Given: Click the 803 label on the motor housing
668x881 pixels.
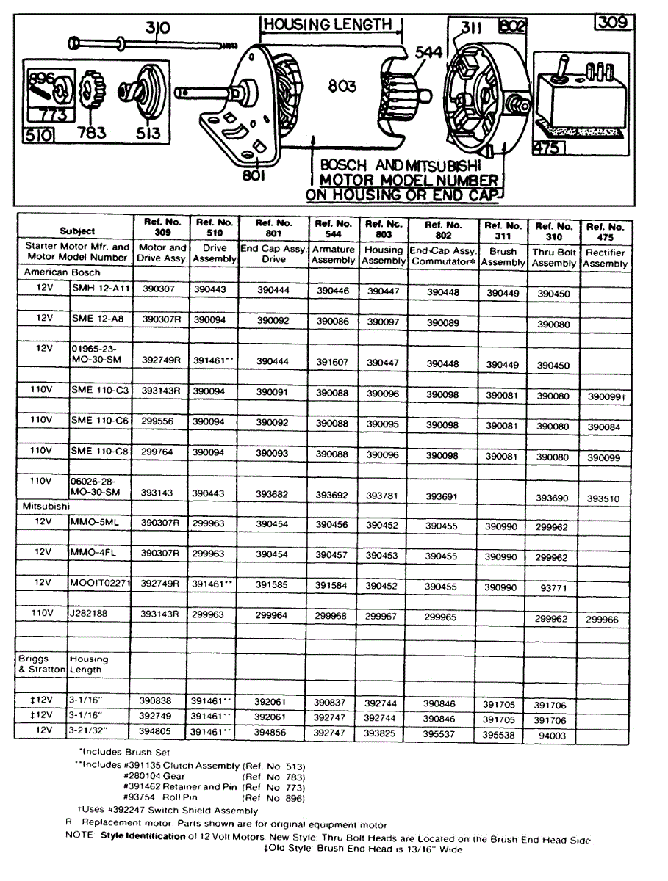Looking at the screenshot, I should click(342, 87).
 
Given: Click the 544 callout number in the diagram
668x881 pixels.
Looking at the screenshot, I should click(429, 53).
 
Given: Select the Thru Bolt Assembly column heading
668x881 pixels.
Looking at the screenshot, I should click(554, 257).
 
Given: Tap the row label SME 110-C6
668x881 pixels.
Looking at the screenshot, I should click(99, 420).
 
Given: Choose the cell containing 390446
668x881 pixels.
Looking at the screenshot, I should click(333, 290).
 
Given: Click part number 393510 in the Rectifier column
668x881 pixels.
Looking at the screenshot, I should click(603, 498).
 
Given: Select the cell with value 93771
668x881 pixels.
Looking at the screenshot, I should click(551, 588).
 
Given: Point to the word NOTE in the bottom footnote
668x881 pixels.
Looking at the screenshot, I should click(79, 835).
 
